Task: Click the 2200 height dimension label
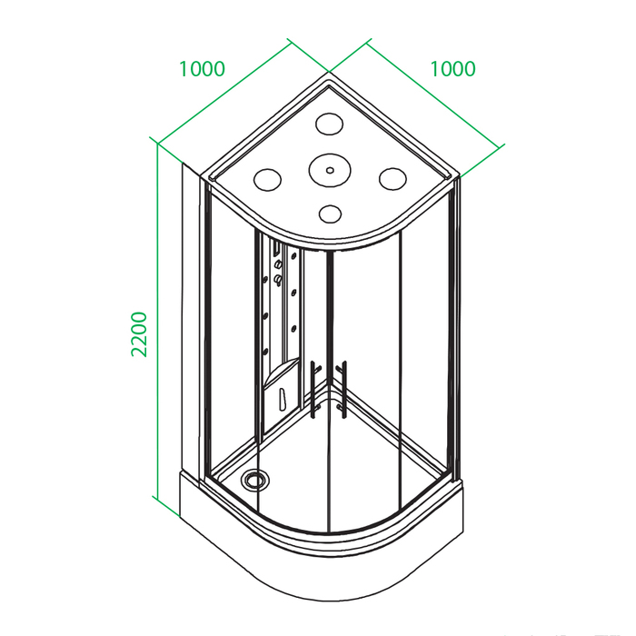click(139, 333)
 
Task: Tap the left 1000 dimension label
click(202, 69)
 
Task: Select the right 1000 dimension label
click(452, 69)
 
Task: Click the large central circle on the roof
click(329, 171)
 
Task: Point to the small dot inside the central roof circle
click(330, 171)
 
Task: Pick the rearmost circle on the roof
click(329, 124)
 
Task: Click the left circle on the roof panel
click(267, 180)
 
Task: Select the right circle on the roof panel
click(393, 178)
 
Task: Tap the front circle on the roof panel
click(330, 214)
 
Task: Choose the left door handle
click(313, 390)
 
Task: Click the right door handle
click(343, 390)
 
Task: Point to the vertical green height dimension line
click(157, 320)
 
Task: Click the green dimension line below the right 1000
click(415, 108)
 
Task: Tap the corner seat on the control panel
click(281, 373)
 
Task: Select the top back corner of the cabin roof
click(329, 73)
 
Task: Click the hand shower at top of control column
click(276, 248)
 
